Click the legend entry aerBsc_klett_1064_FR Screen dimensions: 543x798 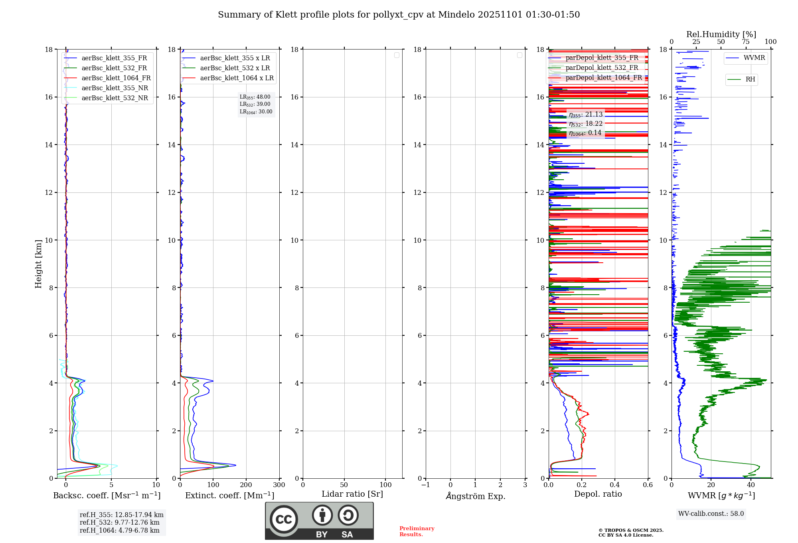(116, 78)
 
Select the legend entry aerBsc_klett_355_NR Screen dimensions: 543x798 (115, 88)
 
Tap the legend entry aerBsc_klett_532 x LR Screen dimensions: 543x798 (235, 68)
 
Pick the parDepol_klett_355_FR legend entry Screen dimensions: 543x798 (602, 58)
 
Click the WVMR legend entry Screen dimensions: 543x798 (754, 58)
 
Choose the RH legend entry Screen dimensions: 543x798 (750, 79)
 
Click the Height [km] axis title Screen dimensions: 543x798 (38, 264)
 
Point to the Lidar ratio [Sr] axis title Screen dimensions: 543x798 (352, 494)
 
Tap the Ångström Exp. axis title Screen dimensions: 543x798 (475, 496)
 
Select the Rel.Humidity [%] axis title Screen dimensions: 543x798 (721, 34)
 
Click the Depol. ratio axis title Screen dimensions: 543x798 (598, 494)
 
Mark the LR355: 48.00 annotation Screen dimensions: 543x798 (255, 97)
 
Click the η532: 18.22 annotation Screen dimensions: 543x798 (586, 124)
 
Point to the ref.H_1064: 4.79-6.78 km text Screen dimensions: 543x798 (120, 531)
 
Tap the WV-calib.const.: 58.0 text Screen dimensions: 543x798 (711, 514)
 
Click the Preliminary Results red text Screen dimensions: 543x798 (417, 531)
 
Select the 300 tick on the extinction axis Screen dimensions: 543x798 (279, 485)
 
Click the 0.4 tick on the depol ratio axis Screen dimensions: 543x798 (615, 485)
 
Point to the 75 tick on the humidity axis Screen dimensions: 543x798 (746, 42)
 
